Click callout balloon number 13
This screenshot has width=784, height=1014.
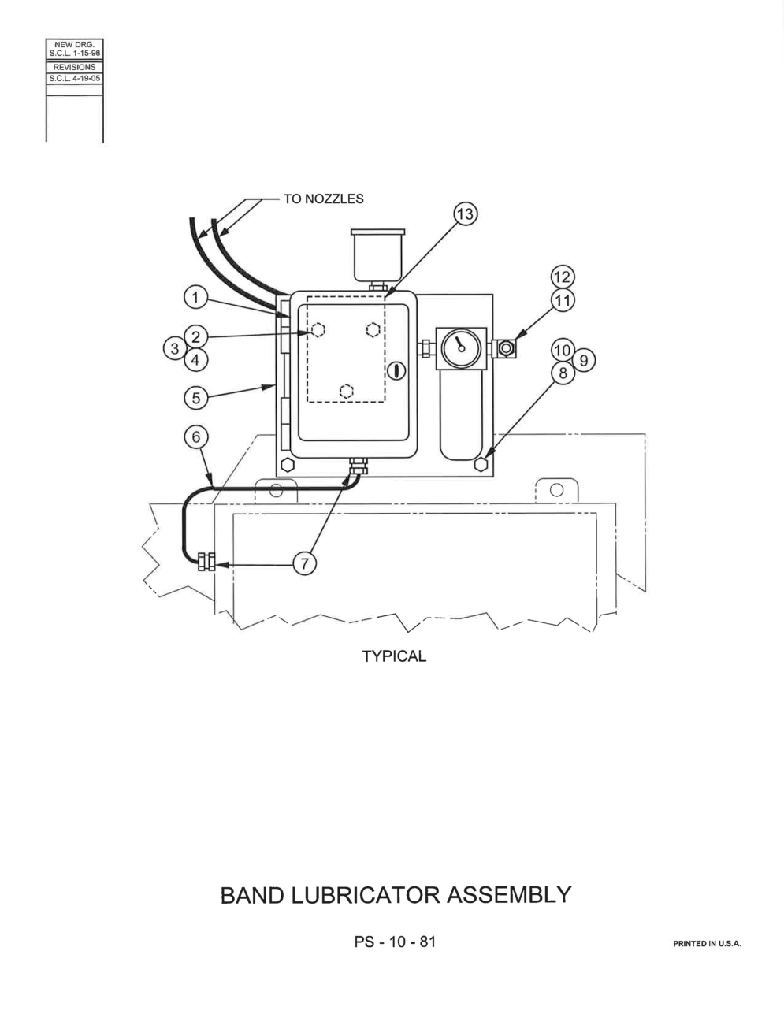click(465, 214)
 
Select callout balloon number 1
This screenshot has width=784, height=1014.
click(195, 297)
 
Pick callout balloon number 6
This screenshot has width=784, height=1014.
click(195, 436)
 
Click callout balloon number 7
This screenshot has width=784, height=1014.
click(304, 564)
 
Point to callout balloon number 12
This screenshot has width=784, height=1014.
click(563, 277)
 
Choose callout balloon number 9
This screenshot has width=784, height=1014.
click(583, 361)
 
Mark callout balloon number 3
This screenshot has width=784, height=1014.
click(175, 348)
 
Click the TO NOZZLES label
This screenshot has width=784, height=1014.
click(323, 199)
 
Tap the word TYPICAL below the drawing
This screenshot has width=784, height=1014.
click(394, 656)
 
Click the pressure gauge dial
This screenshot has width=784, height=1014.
click(461, 348)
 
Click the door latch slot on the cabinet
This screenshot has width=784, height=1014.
click(397, 371)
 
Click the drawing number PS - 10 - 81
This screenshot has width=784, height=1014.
click(395, 942)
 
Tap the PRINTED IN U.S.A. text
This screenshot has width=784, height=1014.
click(707, 944)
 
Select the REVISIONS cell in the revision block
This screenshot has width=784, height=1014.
click(74, 67)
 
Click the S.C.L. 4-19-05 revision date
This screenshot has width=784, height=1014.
click(74, 79)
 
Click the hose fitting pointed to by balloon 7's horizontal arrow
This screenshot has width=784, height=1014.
click(206, 561)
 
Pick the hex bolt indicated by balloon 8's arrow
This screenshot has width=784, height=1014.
click(481, 464)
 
